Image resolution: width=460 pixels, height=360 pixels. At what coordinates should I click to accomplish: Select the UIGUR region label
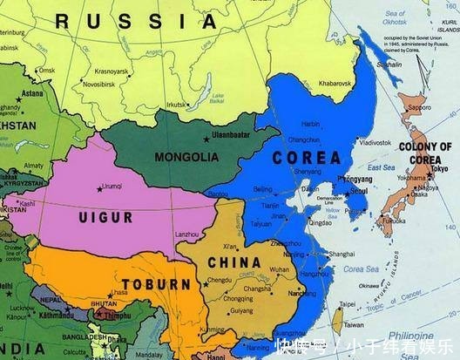pos(105,215)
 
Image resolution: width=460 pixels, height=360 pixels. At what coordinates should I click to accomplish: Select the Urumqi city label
pos(112,186)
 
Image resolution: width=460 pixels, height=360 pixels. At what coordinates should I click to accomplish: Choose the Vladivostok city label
pos(375,141)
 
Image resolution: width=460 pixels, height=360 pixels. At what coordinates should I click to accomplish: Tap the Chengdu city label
pos(220,280)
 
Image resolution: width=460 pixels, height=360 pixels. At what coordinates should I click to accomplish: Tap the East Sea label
pos(380,167)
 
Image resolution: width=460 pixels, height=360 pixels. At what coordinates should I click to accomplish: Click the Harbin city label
pos(311,125)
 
